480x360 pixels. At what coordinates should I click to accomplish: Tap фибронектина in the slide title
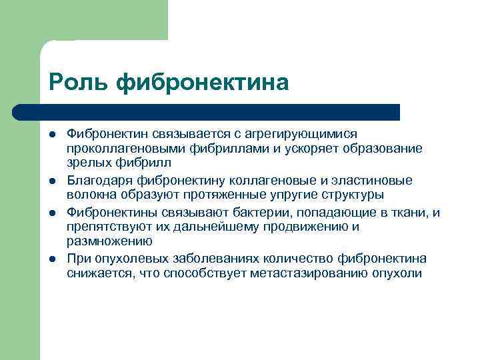click(x=203, y=83)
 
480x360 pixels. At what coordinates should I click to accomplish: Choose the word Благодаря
click(x=99, y=180)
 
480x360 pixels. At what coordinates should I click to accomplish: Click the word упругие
click(x=297, y=194)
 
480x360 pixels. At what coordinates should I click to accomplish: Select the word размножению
click(x=109, y=241)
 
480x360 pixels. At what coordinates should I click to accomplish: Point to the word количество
click(x=275, y=259)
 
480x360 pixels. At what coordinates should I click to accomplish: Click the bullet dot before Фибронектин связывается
click(x=53, y=135)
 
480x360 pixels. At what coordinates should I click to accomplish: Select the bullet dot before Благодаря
click(x=53, y=181)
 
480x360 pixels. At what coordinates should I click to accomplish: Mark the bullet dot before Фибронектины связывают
click(x=53, y=213)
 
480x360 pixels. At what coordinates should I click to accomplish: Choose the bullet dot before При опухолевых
click(x=53, y=259)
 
